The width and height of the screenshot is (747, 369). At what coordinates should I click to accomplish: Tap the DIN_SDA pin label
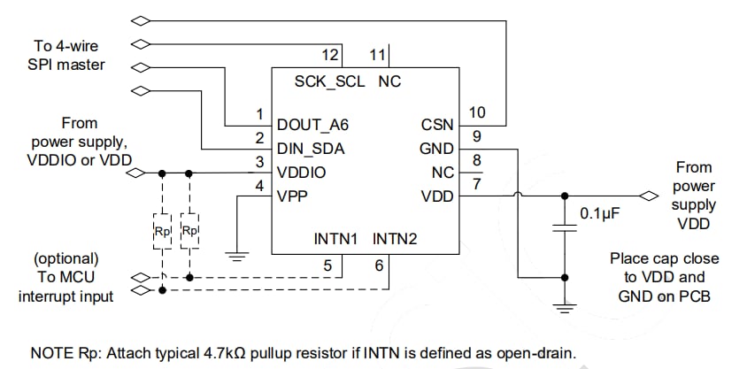point(310,149)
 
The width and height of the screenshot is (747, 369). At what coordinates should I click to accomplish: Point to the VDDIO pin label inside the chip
point(301,173)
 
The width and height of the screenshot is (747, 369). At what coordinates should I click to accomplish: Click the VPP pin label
point(293,196)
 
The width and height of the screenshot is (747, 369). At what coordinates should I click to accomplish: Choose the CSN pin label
point(437,125)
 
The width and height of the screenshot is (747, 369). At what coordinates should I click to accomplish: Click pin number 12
point(329,55)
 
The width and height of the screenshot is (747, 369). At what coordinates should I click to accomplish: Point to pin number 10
point(478,112)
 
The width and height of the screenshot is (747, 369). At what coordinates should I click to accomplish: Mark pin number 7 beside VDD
point(477,184)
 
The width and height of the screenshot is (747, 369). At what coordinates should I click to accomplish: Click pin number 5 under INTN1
point(327,265)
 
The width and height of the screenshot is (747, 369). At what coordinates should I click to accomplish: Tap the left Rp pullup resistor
point(162,231)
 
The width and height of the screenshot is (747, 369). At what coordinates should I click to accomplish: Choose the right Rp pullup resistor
point(189,231)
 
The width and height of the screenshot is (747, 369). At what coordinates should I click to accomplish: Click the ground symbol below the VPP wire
point(235,258)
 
